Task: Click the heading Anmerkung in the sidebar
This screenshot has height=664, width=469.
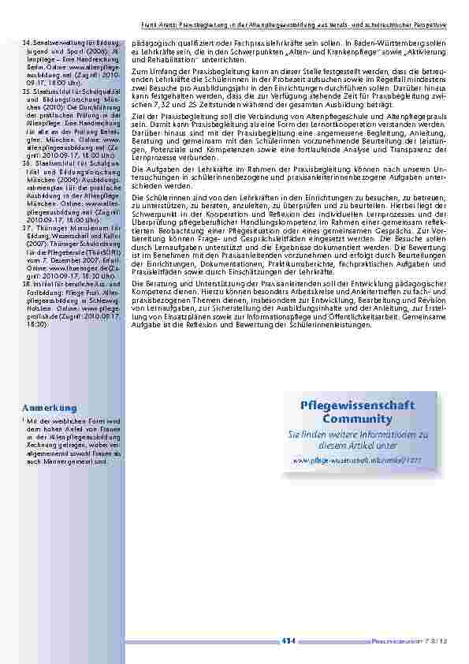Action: (49, 408)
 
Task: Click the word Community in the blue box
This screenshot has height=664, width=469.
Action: (357, 418)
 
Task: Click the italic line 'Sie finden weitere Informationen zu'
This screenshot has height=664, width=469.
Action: (357, 434)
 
